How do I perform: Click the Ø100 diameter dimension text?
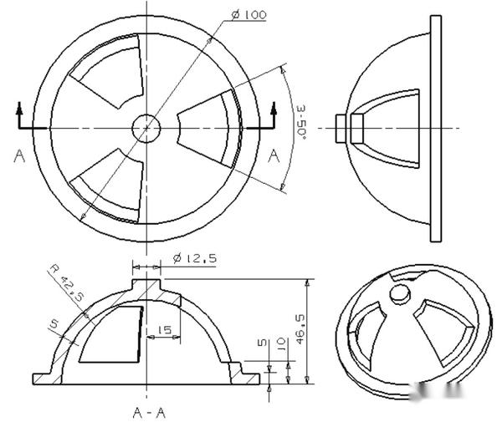tap(247, 15)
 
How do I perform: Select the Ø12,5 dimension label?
tap(194, 259)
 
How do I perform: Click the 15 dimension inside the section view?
tap(164, 330)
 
